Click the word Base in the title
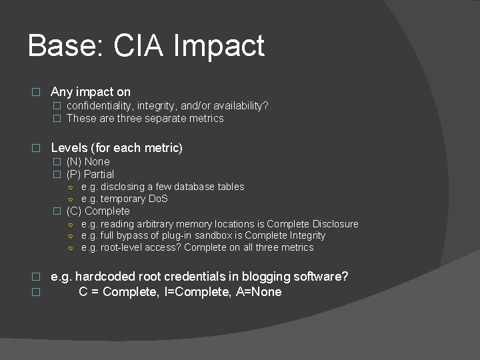coord(63,46)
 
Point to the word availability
coord(237,105)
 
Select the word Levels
coord(69,147)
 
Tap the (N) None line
coord(88,161)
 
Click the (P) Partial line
coord(90,174)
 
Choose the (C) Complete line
coord(98,211)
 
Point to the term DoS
coord(157,199)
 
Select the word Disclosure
coord(335,224)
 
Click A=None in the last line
coord(259,291)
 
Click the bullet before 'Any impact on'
coord(37,92)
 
